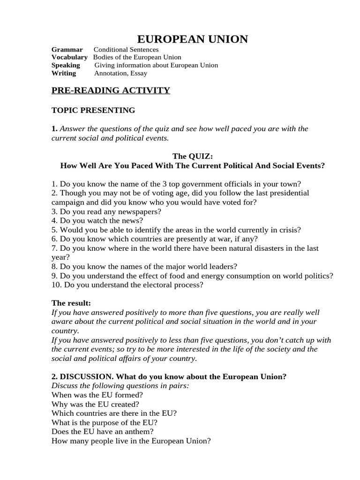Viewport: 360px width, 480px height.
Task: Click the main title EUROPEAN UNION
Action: point(192,39)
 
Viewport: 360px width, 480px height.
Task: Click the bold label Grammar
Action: point(67,49)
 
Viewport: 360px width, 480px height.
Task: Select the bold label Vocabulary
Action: point(69,57)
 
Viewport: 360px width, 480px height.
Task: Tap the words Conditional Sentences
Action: point(126,49)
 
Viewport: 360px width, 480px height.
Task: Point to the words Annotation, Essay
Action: point(120,73)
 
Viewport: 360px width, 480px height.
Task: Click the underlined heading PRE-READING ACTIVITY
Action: point(111,90)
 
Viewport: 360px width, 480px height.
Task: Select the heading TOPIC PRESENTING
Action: point(93,111)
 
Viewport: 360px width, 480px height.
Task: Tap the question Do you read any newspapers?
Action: point(106,211)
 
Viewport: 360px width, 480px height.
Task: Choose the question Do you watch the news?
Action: point(97,220)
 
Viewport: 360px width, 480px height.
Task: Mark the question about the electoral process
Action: point(127,285)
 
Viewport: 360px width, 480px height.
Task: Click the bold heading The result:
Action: point(71,303)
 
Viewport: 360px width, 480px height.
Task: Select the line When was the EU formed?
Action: point(97,395)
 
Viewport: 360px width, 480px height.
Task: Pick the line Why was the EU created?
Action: point(95,404)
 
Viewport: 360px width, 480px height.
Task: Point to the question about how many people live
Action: point(131,441)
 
